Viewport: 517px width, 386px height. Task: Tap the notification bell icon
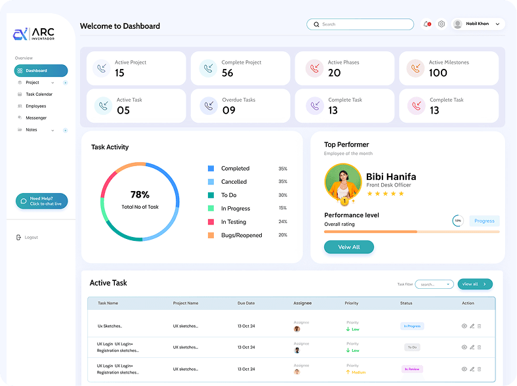tap(426, 24)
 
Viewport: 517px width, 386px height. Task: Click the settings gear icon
tap(442, 24)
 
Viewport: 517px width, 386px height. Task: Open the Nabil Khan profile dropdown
tap(478, 24)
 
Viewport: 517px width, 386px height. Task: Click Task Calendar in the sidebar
tap(39, 95)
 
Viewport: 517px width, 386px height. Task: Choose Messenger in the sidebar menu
tap(36, 118)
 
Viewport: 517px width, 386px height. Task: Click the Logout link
tap(31, 238)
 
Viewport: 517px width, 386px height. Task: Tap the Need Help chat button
tap(41, 201)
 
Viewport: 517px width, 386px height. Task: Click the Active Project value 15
tap(119, 73)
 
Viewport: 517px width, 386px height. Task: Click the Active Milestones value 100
tap(438, 73)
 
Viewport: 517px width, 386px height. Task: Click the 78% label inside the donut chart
tap(140, 195)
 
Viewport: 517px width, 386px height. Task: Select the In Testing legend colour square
tap(211, 222)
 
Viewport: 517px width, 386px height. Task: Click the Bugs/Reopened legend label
tap(241, 235)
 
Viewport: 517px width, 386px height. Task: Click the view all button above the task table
tap(474, 284)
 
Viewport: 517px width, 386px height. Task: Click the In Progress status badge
tap(412, 326)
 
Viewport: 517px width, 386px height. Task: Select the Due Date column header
tap(246, 303)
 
